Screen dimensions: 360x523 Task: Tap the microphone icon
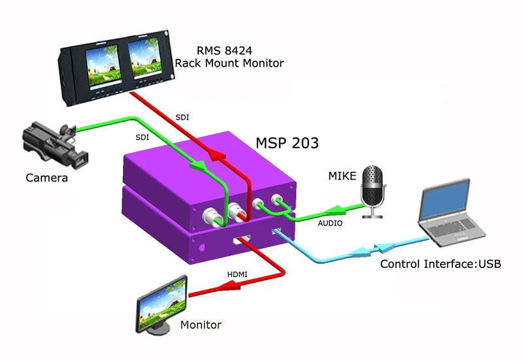(x=374, y=188)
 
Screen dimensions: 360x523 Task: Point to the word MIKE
(x=343, y=176)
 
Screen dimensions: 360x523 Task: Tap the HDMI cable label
(x=237, y=274)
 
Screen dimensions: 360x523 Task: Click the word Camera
(x=46, y=178)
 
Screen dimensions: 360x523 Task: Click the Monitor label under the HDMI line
(x=201, y=325)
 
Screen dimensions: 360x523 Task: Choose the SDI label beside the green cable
(x=142, y=138)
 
